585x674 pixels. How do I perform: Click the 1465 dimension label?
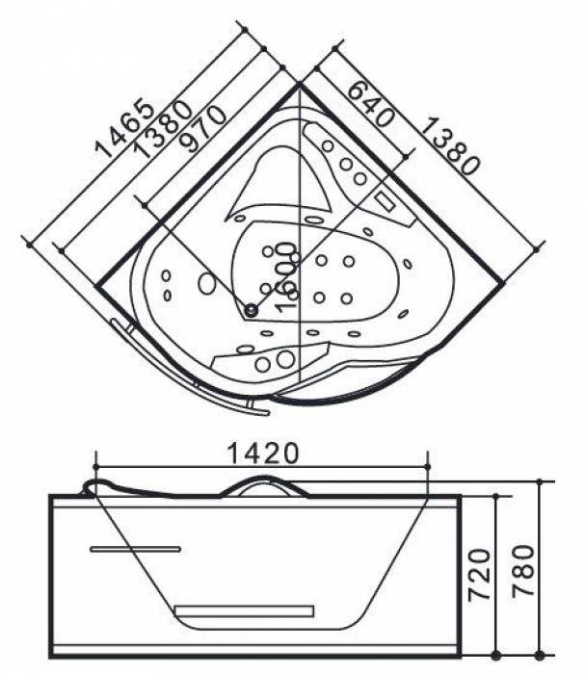point(124,128)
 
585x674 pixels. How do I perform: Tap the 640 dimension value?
point(369,104)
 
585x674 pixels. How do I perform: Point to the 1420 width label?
point(262,454)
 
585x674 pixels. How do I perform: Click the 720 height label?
point(479,574)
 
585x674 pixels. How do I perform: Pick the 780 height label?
point(523,570)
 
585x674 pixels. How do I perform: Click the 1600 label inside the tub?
point(285,277)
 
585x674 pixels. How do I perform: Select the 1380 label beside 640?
point(449,146)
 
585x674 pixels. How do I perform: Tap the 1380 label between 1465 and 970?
point(163,128)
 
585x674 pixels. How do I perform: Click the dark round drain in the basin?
point(251,309)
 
